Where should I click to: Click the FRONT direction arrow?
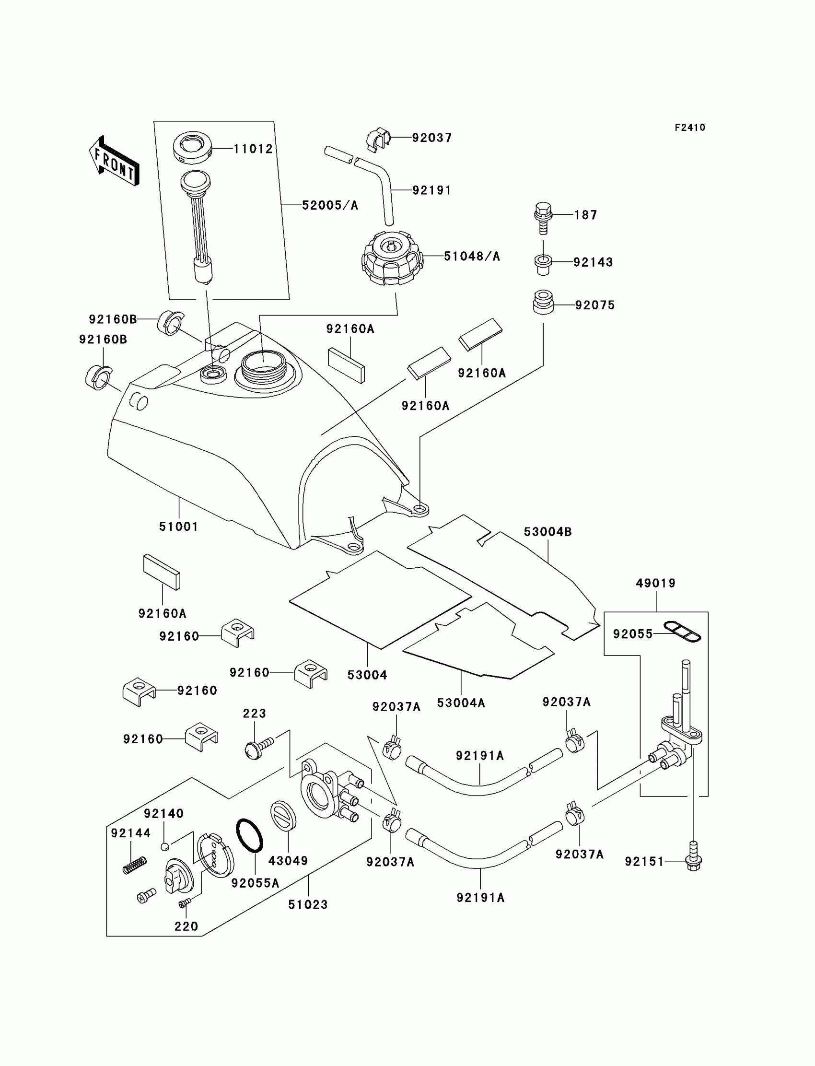pos(115,161)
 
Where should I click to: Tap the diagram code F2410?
pos(690,128)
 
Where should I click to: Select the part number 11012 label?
pos(253,149)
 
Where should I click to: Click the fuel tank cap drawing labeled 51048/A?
pos(392,258)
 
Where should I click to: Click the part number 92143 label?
pos(594,262)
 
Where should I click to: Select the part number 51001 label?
pos(178,527)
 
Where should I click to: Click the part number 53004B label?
pos(547,532)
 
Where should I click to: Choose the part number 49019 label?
pos(656,583)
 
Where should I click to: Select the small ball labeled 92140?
pos(165,847)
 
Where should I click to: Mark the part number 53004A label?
pos(461,703)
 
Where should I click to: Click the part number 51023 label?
pos(308,904)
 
